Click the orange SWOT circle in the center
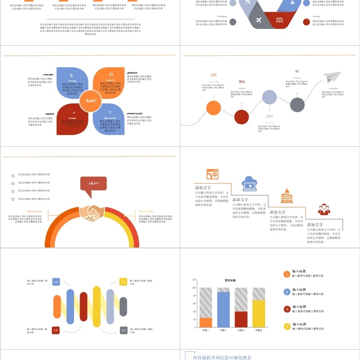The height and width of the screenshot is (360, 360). point(91,101)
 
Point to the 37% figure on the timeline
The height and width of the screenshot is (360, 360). point(242,81)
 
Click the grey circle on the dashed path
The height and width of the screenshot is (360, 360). point(297,104)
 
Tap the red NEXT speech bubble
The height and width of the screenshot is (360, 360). point(93,184)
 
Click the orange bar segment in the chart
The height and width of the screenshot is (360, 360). point(206,322)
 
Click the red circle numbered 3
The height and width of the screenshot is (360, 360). point(287,309)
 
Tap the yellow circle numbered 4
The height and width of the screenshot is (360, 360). point(287,326)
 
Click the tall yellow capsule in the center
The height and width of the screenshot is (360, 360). point(96,306)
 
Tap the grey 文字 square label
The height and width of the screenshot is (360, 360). point(123,331)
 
